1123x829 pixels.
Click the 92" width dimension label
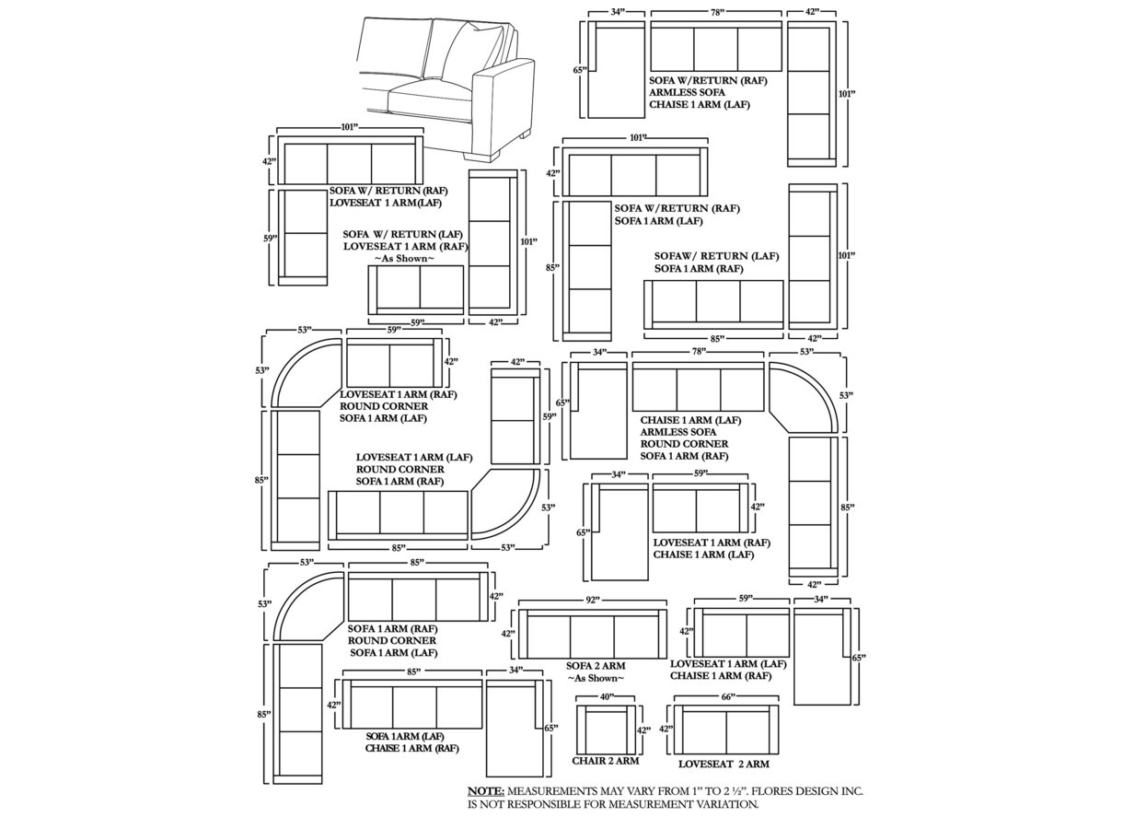tap(592, 600)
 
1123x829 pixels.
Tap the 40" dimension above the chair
tap(607, 697)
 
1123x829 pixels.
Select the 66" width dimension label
tap(728, 696)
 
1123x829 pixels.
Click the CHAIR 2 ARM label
tap(606, 761)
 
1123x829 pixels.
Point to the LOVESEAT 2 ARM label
tap(724, 764)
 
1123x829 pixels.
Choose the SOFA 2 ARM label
tap(596, 666)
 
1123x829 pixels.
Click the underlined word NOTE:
tap(486, 791)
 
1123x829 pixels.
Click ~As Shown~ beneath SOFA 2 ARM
tap(596, 679)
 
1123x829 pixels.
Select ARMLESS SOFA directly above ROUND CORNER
tap(677, 432)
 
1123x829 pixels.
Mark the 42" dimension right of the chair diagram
tap(643, 730)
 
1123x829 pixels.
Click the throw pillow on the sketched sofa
tap(477, 49)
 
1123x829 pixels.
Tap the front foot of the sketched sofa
tap(482, 155)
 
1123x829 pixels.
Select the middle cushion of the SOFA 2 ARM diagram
tap(592, 636)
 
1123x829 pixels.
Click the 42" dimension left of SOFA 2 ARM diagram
tap(508, 634)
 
